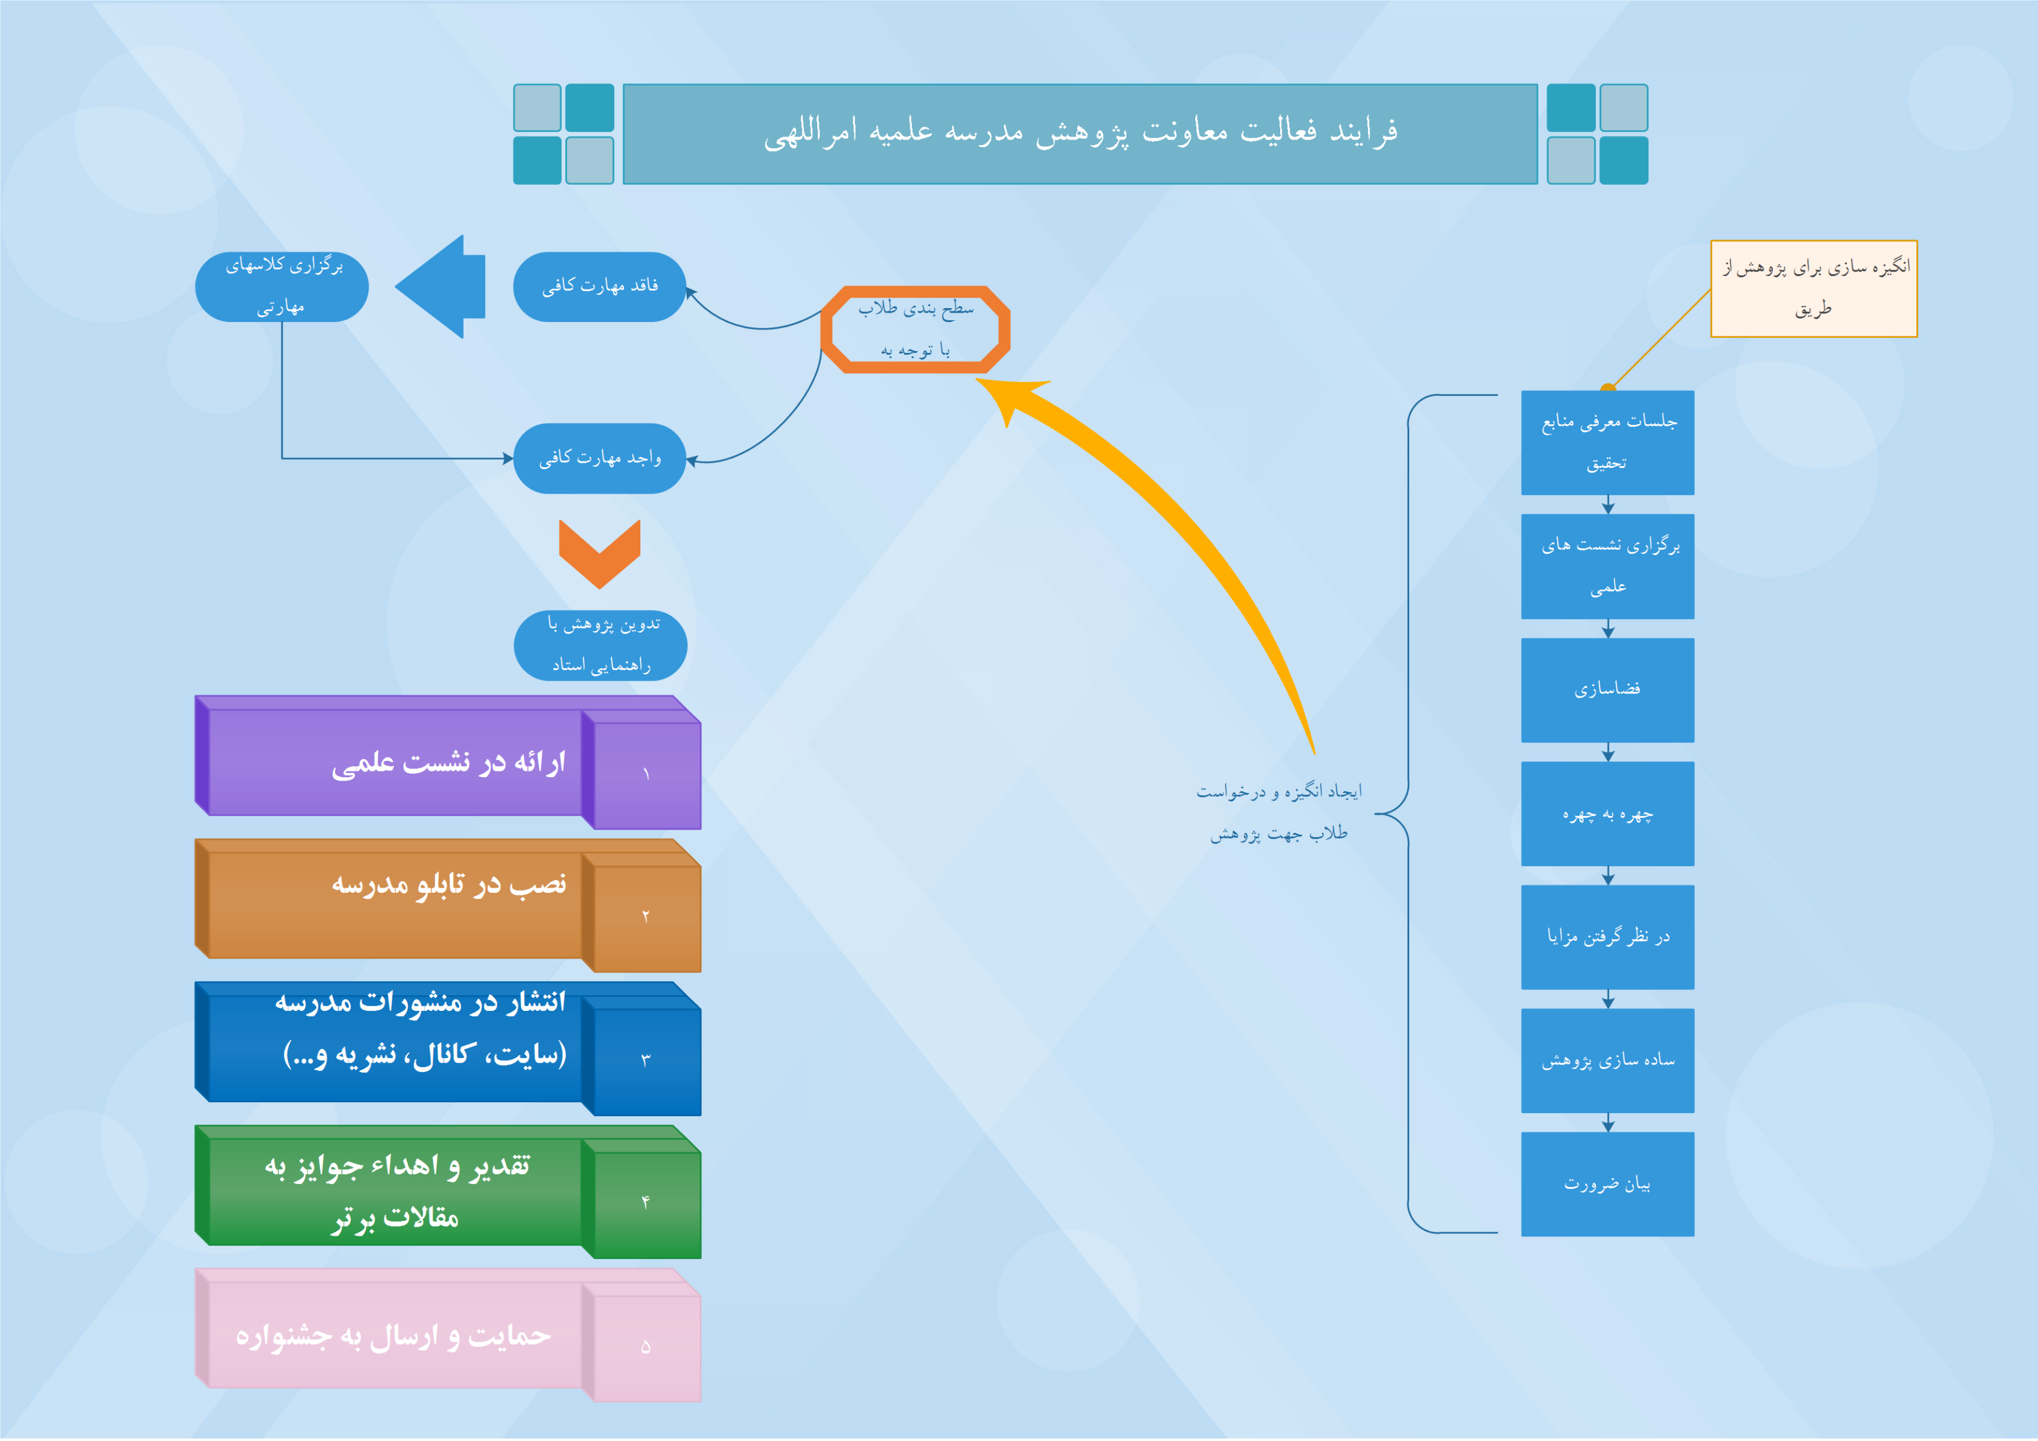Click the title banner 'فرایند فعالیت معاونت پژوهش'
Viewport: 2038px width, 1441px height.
click(x=1080, y=134)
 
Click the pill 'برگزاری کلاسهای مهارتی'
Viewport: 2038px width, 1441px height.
click(x=282, y=287)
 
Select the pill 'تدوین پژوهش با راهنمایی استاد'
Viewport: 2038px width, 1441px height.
click(x=600, y=645)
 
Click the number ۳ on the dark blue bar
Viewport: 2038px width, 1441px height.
click(x=645, y=1060)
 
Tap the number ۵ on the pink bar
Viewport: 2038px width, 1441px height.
click(x=645, y=1347)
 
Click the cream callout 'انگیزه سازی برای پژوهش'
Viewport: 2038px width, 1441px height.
click(x=1814, y=288)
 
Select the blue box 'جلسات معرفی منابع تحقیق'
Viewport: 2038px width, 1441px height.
click(x=1608, y=443)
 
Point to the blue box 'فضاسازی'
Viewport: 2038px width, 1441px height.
click(x=1608, y=691)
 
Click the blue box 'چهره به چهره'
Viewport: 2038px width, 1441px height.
click(x=1608, y=814)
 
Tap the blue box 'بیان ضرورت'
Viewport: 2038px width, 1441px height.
click(x=1608, y=1185)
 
